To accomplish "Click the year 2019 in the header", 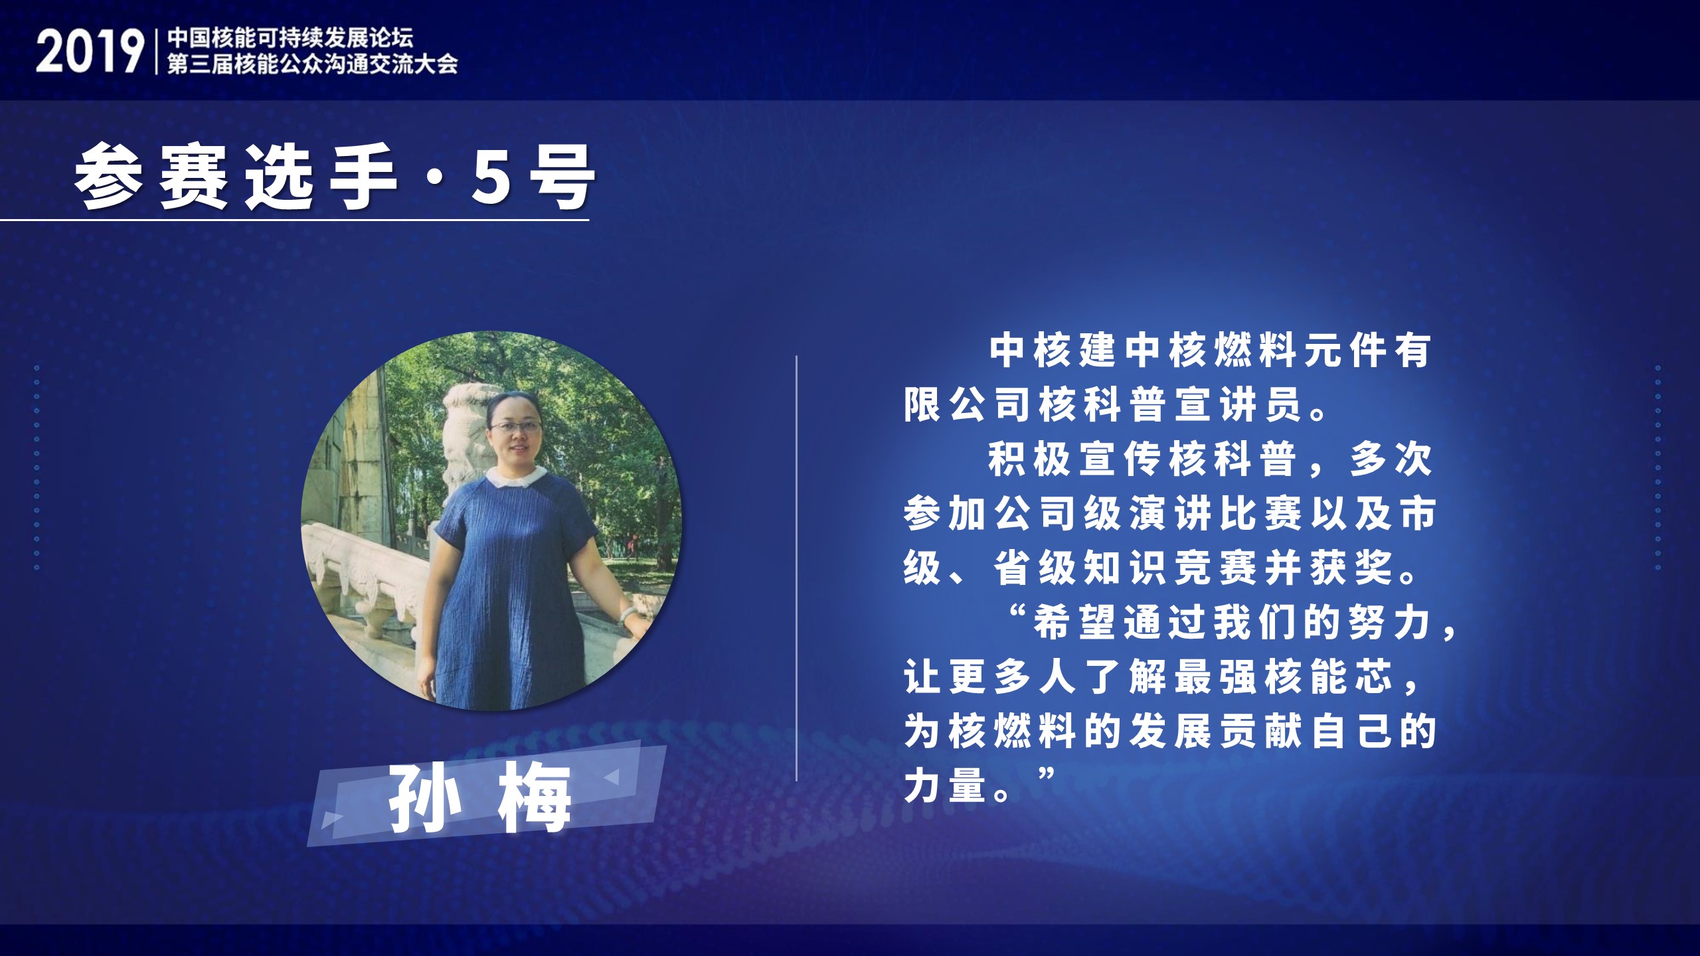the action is pos(89,52).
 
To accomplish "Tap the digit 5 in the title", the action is pos(492,177).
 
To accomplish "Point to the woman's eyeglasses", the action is pos(515,427).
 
